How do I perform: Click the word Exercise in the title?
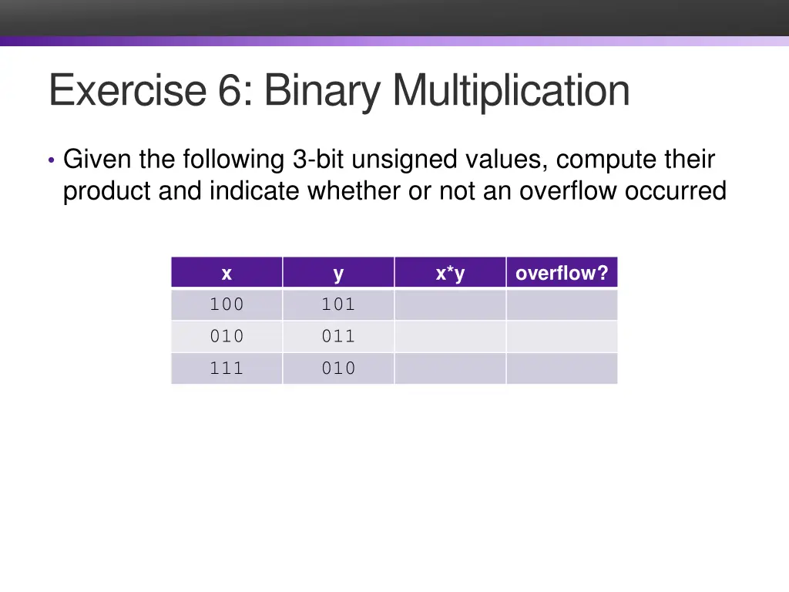126,90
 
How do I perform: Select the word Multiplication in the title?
511,90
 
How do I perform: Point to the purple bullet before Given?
51,161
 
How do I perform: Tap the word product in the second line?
107,190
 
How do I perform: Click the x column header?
227,273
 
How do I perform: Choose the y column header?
338,273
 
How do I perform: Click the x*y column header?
450,273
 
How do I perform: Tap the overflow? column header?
562,273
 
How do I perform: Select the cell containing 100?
227,304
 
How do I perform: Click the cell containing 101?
338,304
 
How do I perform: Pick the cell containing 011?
338,337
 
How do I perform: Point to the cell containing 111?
227,368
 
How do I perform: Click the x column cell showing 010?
227,337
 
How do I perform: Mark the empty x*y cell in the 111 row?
450,368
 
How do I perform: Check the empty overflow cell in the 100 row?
562,304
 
